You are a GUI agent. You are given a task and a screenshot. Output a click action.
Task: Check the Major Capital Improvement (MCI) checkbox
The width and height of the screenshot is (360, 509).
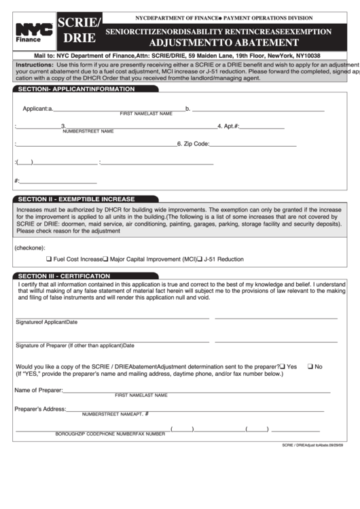105,259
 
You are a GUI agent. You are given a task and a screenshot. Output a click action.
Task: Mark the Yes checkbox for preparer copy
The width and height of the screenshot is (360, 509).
283,366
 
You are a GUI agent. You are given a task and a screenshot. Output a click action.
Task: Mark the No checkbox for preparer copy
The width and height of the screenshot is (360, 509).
310,366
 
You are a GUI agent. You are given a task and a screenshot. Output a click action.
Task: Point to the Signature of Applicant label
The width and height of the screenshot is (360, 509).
46,322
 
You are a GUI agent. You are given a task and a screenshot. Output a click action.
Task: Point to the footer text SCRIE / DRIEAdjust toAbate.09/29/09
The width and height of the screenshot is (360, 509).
313,444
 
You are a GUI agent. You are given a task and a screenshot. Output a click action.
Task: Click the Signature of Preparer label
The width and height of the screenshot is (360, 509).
69,346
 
